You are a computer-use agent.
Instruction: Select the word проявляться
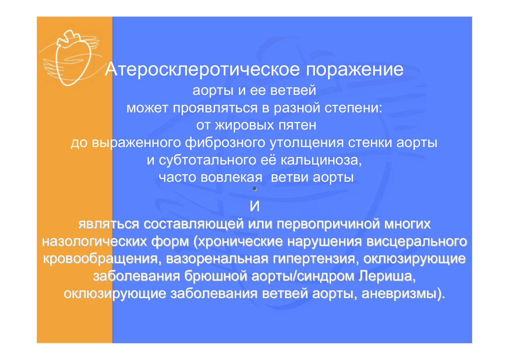coord(215,108)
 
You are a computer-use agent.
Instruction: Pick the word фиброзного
coord(225,143)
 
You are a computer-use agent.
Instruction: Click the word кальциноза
coord(321,160)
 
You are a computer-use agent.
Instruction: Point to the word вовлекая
coord(231,177)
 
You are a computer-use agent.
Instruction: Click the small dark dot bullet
coord(255,188)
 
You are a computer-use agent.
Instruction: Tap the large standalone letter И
coord(254,206)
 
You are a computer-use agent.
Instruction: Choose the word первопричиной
coord(328,224)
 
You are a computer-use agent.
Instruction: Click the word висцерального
coord(417,242)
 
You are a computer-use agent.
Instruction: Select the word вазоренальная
coord(217,259)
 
